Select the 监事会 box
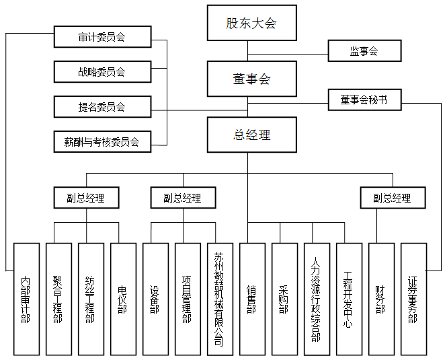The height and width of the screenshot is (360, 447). pos(364,51)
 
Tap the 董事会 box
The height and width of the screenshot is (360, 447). pos(251,79)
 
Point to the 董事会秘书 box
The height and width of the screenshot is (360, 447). pos(364,100)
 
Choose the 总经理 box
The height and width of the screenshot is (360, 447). pos(251,135)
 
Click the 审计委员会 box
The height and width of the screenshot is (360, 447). pos(101,38)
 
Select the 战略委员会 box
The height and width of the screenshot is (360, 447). pos(101,72)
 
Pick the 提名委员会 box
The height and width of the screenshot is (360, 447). pos(101,106)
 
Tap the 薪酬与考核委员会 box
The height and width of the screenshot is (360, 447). pos(101,141)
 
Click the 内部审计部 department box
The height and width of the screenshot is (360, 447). pos(26,299)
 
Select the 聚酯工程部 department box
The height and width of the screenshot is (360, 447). pos(58,299)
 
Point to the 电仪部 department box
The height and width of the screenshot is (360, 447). pos(123,299)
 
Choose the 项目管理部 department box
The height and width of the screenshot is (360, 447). pos(188,299)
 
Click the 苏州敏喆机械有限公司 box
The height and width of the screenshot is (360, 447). pos(220,299)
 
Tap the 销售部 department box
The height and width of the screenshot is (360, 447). pos(252,299)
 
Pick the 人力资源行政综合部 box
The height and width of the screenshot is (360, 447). pos(317,299)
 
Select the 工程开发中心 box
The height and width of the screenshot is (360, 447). pos(349,299)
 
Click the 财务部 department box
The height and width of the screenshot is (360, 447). pos(381,299)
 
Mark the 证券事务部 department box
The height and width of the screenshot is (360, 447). pos(413,299)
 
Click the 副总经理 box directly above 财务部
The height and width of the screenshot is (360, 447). pos(392,198)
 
